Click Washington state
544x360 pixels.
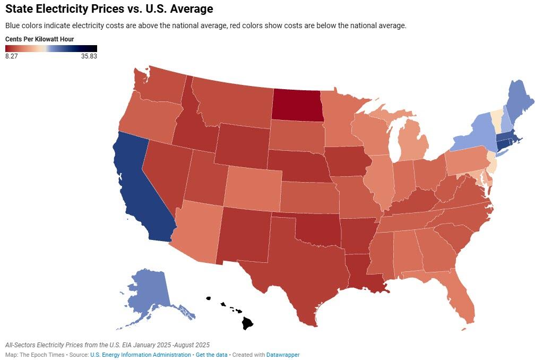pyautogui.click(x=161, y=85)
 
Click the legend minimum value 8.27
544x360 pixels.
pyautogui.click(x=12, y=56)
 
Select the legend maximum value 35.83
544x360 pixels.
pyautogui.click(x=89, y=56)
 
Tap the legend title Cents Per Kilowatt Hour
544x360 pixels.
pyautogui.click(x=39, y=39)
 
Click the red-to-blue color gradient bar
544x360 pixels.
pyautogui.click(x=51, y=48)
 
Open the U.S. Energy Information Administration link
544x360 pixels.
pyautogui.click(x=140, y=355)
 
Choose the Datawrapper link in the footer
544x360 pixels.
pyautogui.click(x=282, y=355)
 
